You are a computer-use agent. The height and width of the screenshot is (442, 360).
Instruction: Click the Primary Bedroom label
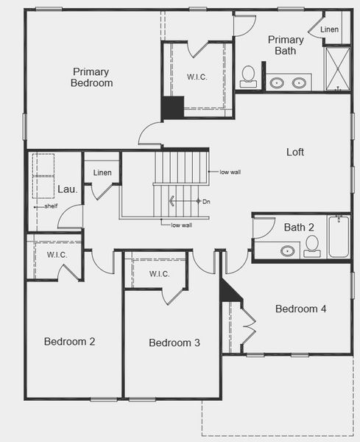tap(92, 77)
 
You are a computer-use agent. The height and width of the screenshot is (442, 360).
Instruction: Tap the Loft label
tap(295, 152)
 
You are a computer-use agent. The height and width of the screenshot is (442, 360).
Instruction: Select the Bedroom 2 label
tap(69, 342)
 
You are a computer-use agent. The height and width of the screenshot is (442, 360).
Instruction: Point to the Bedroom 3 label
tap(174, 343)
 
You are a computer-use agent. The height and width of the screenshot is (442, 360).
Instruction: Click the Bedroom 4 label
tap(300, 309)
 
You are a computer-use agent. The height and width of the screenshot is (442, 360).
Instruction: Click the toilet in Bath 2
tap(312, 245)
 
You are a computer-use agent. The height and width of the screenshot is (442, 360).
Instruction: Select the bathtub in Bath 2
tap(339, 236)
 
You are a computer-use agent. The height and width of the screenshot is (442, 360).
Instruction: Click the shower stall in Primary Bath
tap(337, 69)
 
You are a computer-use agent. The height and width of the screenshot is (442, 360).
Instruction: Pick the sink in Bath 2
tap(287, 251)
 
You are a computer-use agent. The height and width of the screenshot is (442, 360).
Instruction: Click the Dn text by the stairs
tap(206, 201)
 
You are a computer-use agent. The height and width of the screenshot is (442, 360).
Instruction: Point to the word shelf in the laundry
tap(51, 206)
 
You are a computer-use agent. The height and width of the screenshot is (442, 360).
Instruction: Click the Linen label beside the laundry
tap(102, 173)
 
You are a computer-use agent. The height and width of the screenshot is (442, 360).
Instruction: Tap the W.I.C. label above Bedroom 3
tap(159, 274)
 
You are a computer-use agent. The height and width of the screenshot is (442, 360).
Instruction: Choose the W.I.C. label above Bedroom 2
tap(57, 255)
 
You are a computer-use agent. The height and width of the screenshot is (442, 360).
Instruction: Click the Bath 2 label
tap(299, 227)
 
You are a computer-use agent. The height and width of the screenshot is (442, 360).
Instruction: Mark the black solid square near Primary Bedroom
tap(172, 108)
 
